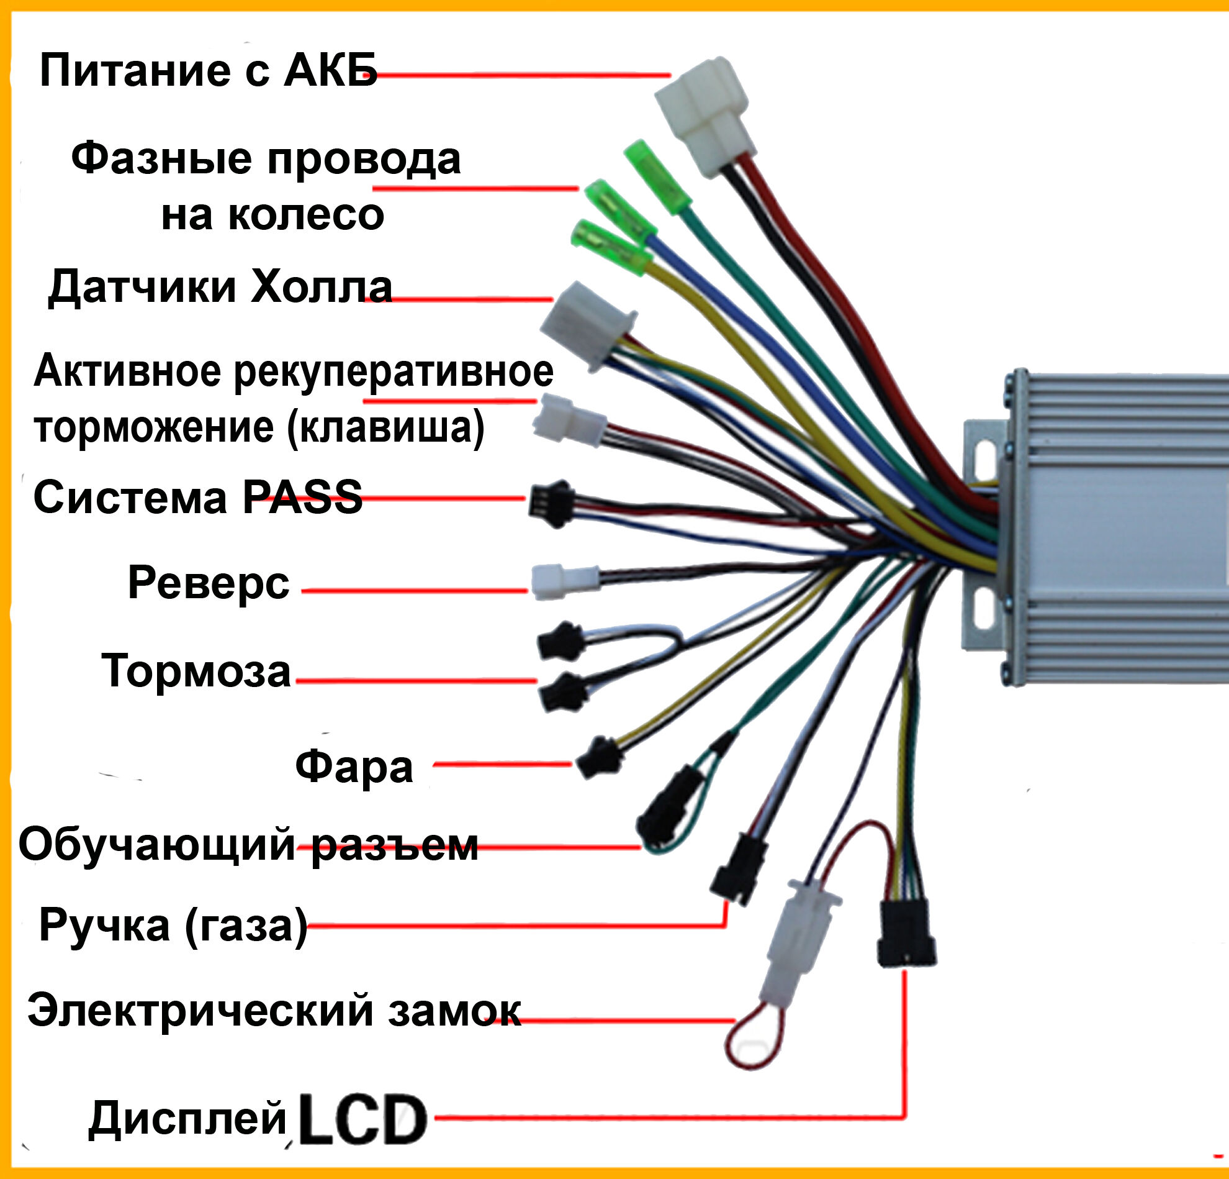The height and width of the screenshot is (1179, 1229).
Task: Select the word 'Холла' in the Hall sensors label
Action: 320,288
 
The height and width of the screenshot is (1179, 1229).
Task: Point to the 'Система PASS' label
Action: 197,497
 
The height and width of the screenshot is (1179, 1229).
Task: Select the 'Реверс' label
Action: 208,583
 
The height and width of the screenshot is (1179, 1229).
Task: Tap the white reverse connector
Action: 564,581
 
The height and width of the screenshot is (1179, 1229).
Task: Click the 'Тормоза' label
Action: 196,671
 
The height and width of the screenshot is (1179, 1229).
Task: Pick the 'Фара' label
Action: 354,766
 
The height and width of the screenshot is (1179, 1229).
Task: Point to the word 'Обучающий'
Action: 157,845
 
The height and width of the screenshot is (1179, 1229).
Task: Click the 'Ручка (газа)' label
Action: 173,925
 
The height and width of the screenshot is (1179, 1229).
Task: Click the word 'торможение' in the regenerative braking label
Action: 155,428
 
